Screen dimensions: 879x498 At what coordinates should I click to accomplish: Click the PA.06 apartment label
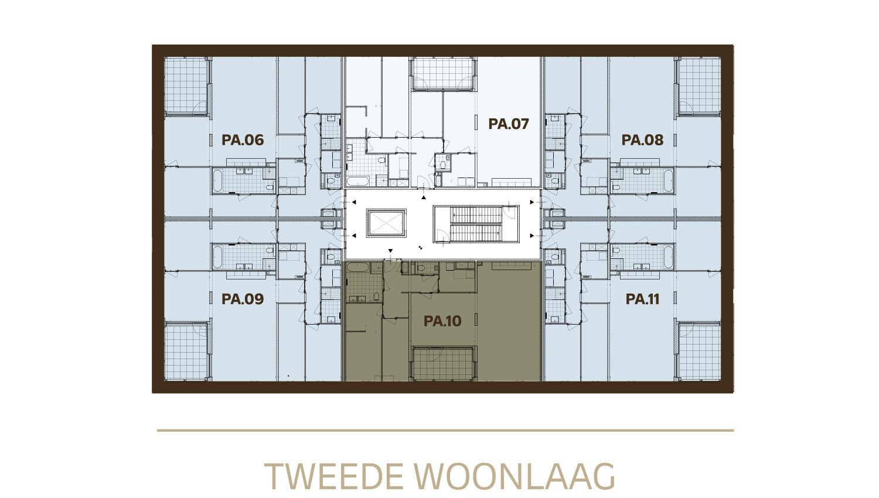[x=243, y=139]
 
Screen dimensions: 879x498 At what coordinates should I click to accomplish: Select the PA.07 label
[x=509, y=124]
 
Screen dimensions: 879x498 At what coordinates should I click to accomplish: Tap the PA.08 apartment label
[x=642, y=139]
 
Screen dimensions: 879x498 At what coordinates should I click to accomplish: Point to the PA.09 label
[x=243, y=299]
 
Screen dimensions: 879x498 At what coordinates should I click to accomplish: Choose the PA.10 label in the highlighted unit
[x=442, y=321]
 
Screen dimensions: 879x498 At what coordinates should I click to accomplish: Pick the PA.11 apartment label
[x=642, y=299]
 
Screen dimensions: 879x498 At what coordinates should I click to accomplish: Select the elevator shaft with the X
[x=387, y=223]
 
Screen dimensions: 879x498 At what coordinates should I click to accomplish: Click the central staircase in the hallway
[x=476, y=224]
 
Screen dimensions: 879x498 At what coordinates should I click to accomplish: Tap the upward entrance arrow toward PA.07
[x=424, y=198]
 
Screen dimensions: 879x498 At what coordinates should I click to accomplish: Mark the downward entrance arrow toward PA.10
[x=390, y=251]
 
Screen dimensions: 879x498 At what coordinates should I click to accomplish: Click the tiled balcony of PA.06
[x=186, y=86]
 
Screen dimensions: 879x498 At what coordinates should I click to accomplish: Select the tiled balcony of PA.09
[x=186, y=352]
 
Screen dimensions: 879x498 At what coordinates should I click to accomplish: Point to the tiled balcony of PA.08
[x=699, y=86]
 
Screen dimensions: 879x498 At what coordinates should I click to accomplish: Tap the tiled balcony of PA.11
[x=699, y=352]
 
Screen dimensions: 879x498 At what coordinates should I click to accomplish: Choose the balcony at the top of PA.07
[x=444, y=74]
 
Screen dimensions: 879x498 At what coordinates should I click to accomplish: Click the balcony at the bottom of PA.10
[x=444, y=364]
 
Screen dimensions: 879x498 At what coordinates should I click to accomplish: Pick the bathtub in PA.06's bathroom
[x=218, y=180]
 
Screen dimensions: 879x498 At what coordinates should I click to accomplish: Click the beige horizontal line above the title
[x=445, y=431]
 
